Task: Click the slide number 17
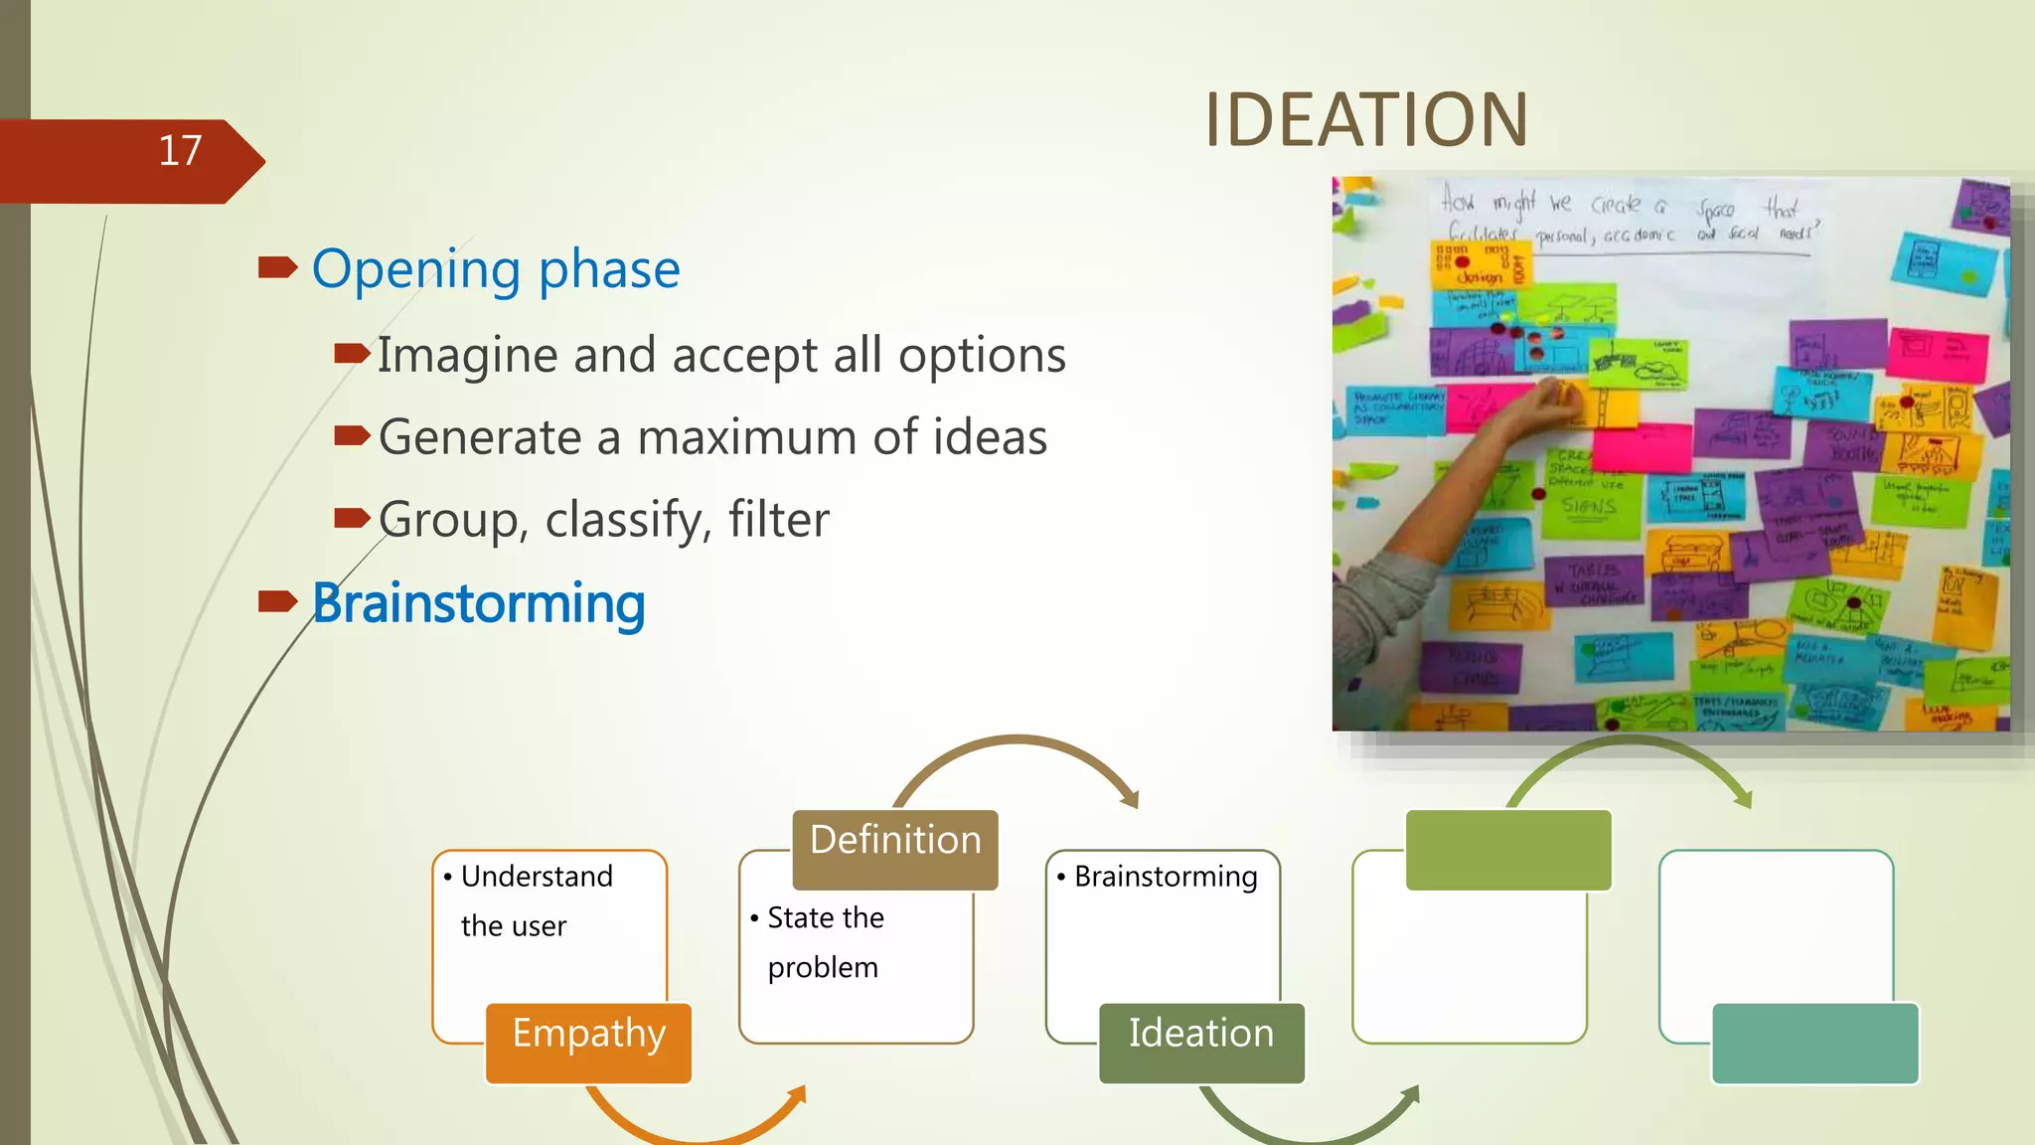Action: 180,151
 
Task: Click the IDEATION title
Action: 1365,120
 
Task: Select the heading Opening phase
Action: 495,268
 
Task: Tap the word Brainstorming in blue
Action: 478,602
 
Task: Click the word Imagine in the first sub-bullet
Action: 466,355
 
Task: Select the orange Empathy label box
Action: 588,1041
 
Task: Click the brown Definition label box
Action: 894,848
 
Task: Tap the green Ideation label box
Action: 1200,1041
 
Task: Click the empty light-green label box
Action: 1507,849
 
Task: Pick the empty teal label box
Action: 1814,1043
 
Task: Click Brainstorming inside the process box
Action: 1165,877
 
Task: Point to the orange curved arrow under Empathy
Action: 696,1128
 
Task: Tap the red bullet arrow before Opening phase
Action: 277,267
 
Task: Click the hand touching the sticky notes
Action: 1552,398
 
